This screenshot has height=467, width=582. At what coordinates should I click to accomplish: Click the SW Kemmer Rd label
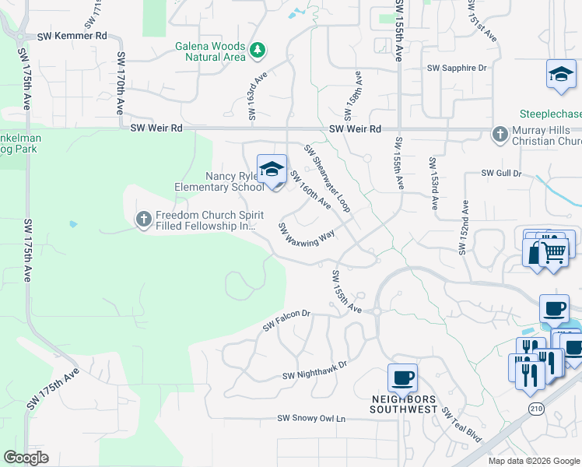pyautogui.click(x=72, y=36)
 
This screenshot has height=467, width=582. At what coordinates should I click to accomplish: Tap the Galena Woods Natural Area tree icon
pyautogui.click(x=258, y=51)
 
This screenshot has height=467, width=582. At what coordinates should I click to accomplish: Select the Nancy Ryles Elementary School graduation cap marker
pyautogui.click(x=271, y=169)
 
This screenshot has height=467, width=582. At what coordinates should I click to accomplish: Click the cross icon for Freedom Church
pyautogui.click(x=143, y=219)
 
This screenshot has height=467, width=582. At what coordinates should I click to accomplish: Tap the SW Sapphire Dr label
pyautogui.click(x=456, y=68)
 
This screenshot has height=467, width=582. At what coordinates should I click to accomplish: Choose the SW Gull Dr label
pyautogui.click(x=500, y=173)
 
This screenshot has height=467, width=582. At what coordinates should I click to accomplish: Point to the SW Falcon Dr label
pyautogui.click(x=286, y=320)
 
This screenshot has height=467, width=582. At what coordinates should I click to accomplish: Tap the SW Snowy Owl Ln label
pyautogui.click(x=311, y=419)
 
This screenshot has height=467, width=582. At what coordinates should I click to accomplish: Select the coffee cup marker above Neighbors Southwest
pyautogui.click(x=402, y=378)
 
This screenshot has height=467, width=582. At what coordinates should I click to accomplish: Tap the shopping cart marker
pyautogui.click(x=553, y=251)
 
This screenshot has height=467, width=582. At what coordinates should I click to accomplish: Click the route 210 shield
pyautogui.click(x=536, y=408)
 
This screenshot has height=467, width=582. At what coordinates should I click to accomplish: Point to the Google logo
pyautogui.click(x=26, y=458)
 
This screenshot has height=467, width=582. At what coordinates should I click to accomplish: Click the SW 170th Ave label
pyautogui.click(x=121, y=83)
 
